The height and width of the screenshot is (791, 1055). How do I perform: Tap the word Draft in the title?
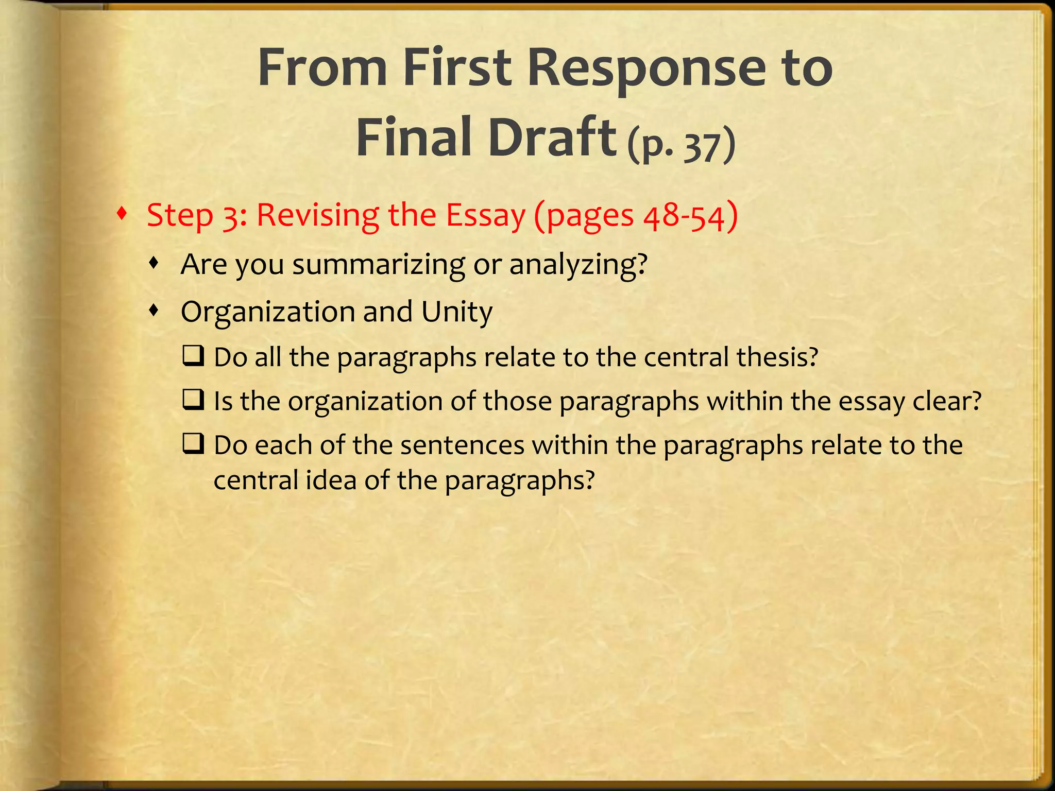[x=552, y=137]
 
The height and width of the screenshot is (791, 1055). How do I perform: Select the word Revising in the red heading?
[x=318, y=215]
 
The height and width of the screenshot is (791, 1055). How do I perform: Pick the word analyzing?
[x=577, y=265]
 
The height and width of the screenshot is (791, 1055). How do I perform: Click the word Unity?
[x=456, y=313]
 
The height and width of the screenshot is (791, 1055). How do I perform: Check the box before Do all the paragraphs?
[x=194, y=355]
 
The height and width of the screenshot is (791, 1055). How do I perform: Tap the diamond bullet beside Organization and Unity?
[x=154, y=310]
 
